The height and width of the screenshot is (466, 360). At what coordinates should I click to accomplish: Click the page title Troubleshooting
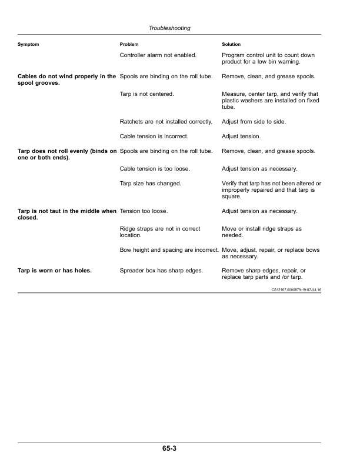(169, 28)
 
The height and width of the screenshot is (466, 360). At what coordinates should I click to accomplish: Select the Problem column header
(129, 45)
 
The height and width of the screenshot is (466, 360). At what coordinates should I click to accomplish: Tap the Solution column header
(231, 45)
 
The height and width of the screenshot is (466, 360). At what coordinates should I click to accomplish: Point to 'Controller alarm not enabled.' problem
(158, 55)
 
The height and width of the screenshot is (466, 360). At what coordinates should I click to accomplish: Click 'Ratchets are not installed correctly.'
(165, 121)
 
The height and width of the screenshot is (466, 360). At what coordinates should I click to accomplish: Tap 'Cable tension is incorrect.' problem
(154, 137)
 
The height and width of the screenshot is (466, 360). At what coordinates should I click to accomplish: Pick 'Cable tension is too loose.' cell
(155, 169)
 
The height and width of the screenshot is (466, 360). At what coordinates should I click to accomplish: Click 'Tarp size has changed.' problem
(150, 184)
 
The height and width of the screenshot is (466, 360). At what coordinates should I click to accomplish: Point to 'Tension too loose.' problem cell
(144, 211)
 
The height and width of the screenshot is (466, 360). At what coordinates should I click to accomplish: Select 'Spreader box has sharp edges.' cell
(161, 271)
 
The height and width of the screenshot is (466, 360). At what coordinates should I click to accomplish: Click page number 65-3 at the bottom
(170, 449)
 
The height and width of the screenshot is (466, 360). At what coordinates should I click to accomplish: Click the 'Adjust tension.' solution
(241, 137)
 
